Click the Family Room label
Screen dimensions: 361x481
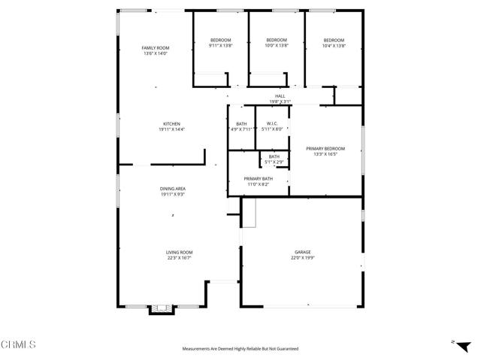tap(156, 48)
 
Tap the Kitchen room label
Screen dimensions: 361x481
tap(172, 124)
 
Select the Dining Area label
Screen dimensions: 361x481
tap(172, 189)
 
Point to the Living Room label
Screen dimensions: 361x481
tap(180, 253)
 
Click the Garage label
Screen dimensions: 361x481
tap(302, 253)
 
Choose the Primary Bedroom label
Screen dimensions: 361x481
tap(325, 149)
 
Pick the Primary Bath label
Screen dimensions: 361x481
tap(257, 178)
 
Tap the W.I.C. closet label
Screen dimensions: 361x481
tap(272, 124)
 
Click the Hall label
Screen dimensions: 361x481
tap(280, 96)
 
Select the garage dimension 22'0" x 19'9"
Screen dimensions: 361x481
tap(302, 258)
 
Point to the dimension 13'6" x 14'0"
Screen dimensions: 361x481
tap(156, 53)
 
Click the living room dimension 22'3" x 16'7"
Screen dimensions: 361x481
tap(180, 258)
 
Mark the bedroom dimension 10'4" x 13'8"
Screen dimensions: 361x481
tap(334, 46)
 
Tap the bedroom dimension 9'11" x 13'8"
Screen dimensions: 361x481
tap(220, 46)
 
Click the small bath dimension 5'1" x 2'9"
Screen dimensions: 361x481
tap(274, 162)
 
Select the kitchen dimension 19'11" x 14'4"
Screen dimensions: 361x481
tap(172, 129)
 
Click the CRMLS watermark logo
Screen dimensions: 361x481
tap(19, 345)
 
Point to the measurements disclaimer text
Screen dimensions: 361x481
tap(240, 349)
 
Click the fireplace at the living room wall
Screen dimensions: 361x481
tap(159, 308)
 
